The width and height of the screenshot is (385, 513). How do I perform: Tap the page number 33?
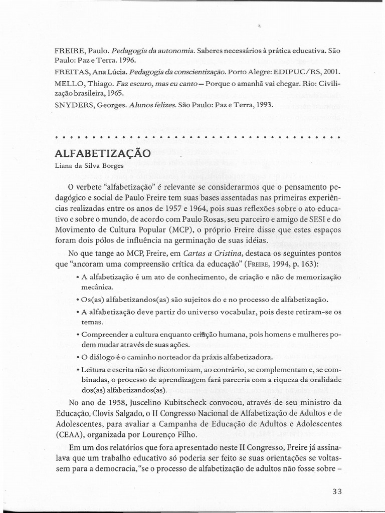coord(336,491)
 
